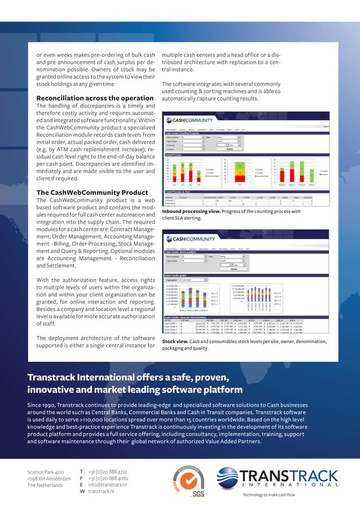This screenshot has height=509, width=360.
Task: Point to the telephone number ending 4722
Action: pyautogui.click(x=108, y=471)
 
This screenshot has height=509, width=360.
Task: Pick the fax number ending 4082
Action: pyautogui.click(x=108, y=477)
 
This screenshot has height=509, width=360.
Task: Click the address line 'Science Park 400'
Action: pyautogui.click(x=45, y=471)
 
